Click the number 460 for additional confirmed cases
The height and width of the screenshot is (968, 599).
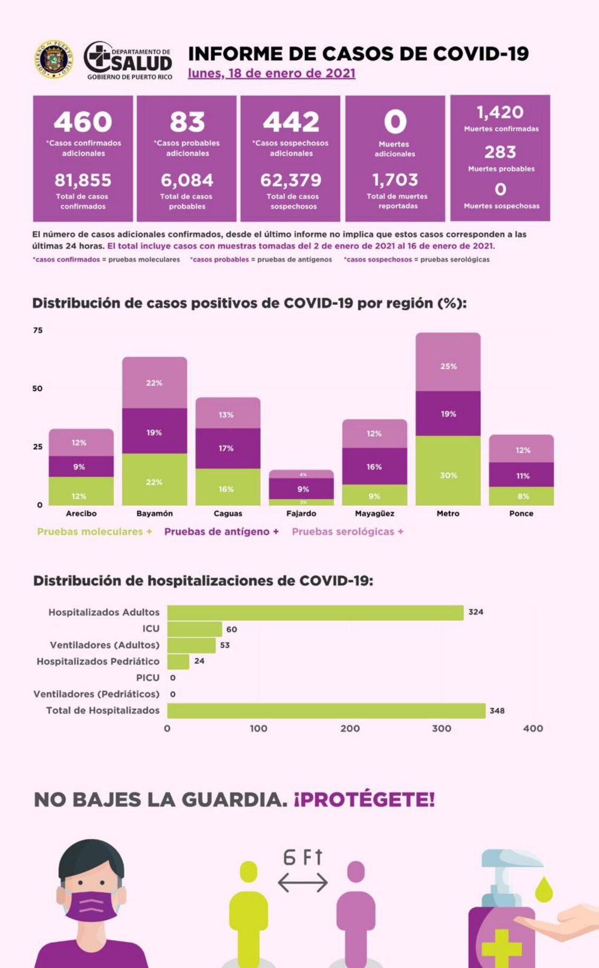click(x=83, y=122)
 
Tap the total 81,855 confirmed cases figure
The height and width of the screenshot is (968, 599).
click(x=83, y=180)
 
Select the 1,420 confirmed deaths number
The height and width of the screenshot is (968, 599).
click(x=500, y=112)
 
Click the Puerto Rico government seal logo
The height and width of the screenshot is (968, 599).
click(x=53, y=59)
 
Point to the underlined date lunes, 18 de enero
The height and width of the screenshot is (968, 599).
click(x=271, y=74)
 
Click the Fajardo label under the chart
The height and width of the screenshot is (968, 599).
click(x=301, y=513)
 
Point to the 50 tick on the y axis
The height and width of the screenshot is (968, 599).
click(x=37, y=388)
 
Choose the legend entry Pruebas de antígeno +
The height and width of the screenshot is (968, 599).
click(x=221, y=531)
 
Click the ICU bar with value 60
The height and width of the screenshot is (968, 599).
click(x=194, y=629)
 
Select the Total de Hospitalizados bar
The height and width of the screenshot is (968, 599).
click(x=326, y=710)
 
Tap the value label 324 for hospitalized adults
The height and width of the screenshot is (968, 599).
click(x=476, y=612)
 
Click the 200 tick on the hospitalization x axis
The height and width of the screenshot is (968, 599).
click(x=350, y=728)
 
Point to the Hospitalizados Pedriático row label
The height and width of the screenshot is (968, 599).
click(x=98, y=661)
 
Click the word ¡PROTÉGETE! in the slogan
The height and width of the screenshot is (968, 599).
click(x=365, y=799)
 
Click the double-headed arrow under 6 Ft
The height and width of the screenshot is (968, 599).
click(x=303, y=882)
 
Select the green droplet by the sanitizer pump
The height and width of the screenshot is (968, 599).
click(x=543, y=889)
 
